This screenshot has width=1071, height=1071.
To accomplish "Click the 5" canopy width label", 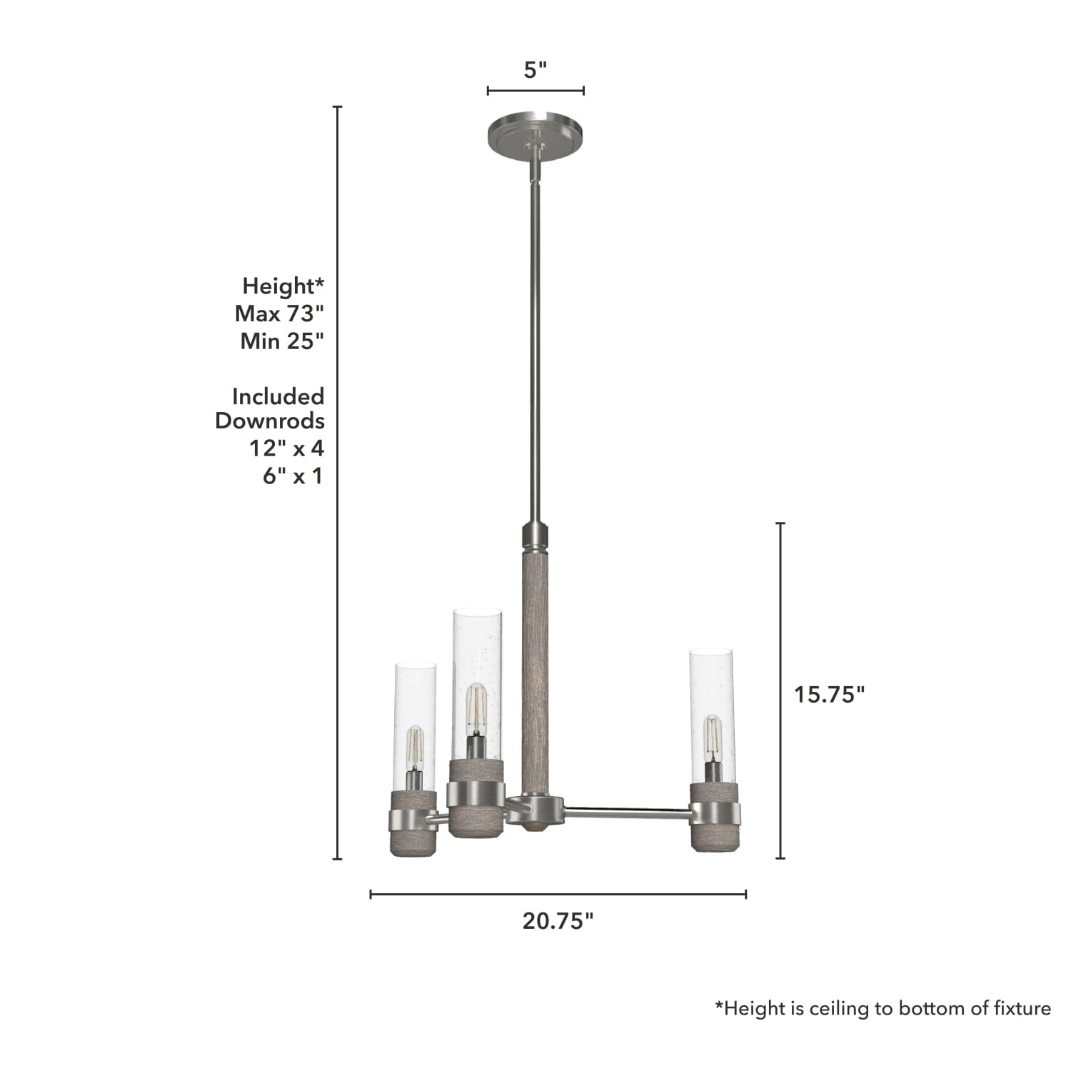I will (x=535, y=70).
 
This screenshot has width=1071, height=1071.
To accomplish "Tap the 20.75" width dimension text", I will (x=558, y=921).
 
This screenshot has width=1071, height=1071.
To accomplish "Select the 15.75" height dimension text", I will (x=829, y=694).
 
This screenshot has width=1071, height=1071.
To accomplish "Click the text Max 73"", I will (x=279, y=313).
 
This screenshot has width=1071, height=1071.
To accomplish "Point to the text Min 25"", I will (x=282, y=341).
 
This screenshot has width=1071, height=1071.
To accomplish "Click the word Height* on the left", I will (x=283, y=286).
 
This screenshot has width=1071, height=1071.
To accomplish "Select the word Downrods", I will (x=270, y=421).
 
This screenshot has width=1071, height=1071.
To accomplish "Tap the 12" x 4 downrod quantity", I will (x=286, y=448).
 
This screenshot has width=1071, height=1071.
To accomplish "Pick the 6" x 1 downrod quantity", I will (x=293, y=476).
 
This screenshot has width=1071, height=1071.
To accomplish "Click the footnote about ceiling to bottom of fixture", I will (x=883, y=1008).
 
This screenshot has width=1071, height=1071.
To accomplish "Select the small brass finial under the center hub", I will (x=535, y=828).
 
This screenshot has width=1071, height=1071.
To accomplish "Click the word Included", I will (x=278, y=396).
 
